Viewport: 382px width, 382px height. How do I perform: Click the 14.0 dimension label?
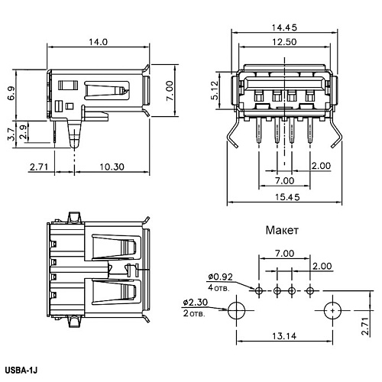[98, 42]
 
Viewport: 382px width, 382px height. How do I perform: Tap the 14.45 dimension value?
[284, 28]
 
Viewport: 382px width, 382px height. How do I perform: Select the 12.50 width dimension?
[284, 42]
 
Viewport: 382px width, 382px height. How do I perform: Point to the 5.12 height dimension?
[215, 90]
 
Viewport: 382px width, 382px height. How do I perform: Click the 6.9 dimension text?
[11, 93]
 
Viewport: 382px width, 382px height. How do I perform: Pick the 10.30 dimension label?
[112, 167]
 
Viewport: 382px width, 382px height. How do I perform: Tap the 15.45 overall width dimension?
[287, 197]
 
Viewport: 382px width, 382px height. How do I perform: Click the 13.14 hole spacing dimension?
[284, 336]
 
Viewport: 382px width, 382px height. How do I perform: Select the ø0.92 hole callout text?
[221, 277]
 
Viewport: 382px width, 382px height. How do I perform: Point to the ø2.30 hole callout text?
[196, 302]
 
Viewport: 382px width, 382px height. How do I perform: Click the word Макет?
[282, 230]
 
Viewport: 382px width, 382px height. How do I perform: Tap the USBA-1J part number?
[21, 370]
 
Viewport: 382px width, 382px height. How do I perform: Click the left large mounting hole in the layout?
[236, 310]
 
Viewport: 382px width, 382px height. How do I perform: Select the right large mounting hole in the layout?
[332, 310]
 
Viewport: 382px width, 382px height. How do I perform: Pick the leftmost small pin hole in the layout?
[259, 290]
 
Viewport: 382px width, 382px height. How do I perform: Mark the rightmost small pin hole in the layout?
[310, 290]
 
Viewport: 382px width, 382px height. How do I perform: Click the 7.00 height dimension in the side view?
[170, 91]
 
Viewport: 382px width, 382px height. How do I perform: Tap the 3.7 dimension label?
[11, 134]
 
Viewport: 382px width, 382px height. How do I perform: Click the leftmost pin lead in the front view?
[258, 131]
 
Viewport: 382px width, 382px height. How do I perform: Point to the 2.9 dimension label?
[24, 131]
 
